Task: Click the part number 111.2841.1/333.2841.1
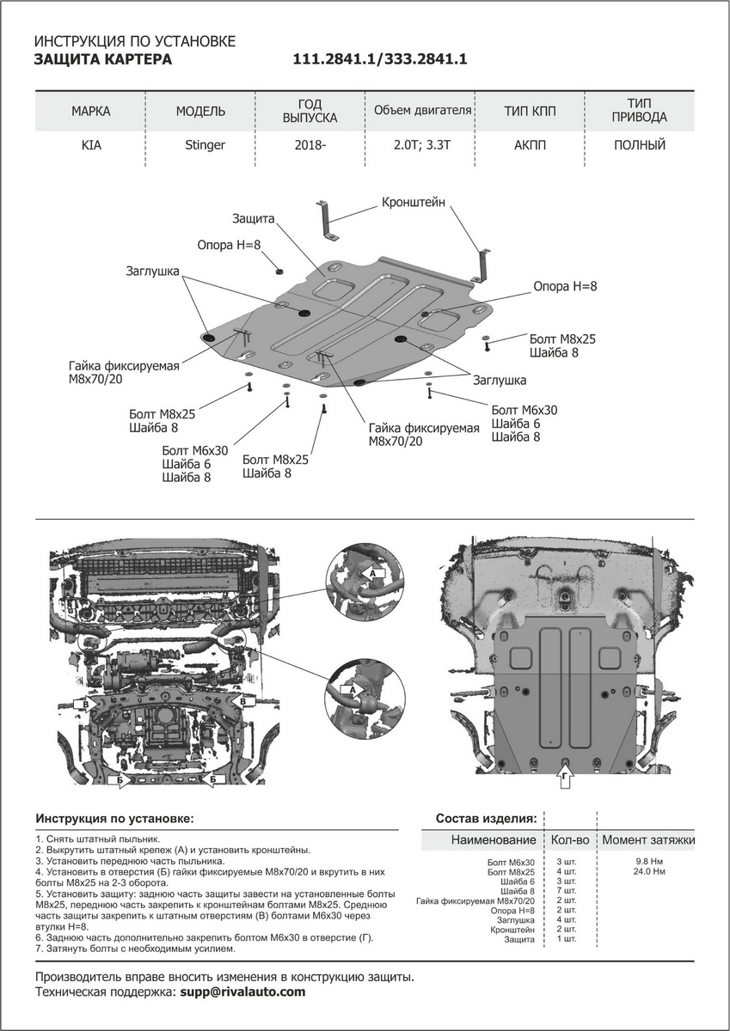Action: point(380,59)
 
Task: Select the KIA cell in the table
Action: point(91,145)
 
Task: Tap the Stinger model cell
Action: point(205,145)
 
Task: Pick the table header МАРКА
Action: point(91,111)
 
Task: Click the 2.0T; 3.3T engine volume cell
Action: point(422,145)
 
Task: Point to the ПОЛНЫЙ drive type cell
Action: point(640,145)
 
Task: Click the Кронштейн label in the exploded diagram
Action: point(414,204)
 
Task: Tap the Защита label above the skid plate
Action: point(253,219)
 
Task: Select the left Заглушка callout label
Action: point(152,271)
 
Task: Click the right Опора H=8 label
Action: point(565,287)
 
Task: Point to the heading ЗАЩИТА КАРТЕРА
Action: point(102,59)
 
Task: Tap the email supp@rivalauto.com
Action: point(242,991)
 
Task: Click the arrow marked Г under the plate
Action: point(565,778)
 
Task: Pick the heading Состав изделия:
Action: point(487,817)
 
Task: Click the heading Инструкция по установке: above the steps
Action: point(114,817)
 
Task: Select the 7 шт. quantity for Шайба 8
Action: point(567,891)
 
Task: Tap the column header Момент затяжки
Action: point(647,839)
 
